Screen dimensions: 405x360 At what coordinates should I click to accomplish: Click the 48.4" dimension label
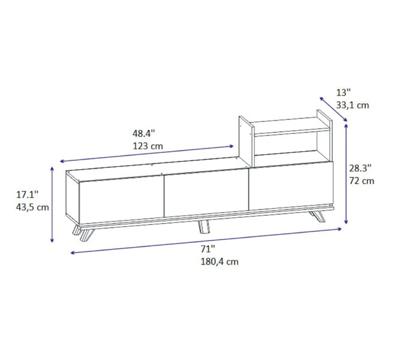pos(143,133)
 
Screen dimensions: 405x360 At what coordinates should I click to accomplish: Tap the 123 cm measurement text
pos(148,146)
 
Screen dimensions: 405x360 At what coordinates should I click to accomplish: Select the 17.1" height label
pos(28,194)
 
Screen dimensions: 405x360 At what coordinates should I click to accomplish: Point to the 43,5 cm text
pos(32,207)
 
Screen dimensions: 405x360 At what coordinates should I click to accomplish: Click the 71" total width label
pos(208,249)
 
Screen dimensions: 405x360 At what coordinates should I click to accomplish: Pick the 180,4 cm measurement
pos(220,262)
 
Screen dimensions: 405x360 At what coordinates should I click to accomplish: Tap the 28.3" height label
pos(361,168)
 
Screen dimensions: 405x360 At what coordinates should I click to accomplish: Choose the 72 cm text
pos(362,181)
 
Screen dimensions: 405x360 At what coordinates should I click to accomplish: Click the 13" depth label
pos(343,92)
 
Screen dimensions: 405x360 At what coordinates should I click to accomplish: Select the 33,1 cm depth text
pos(353,105)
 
